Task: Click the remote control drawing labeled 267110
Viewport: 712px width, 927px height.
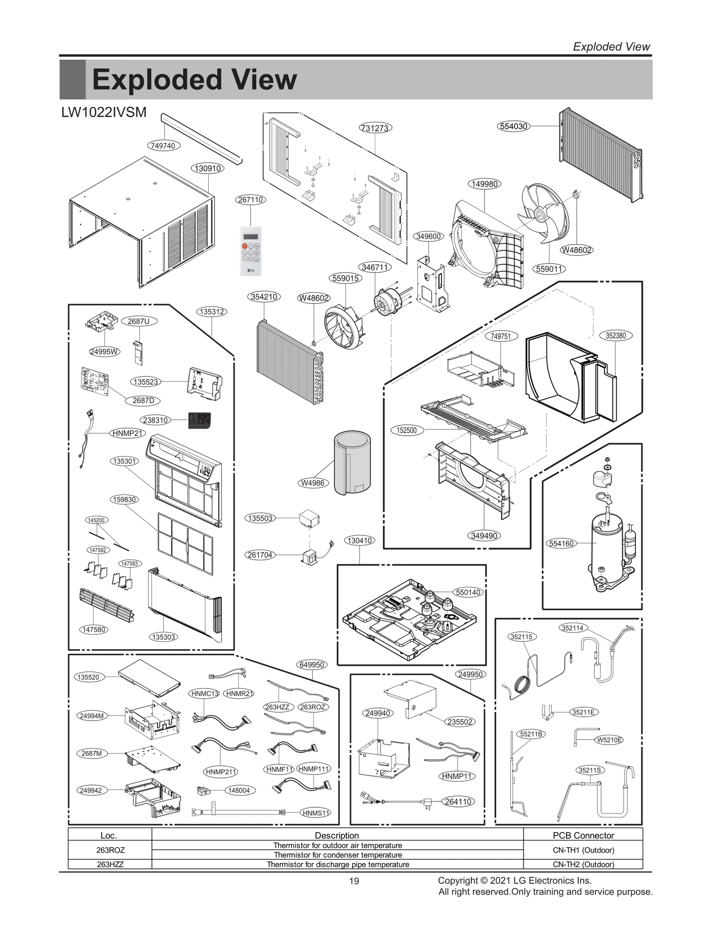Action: tap(251, 251)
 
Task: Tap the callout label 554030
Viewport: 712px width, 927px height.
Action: tap(514, 126)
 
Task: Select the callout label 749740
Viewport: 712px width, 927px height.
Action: tap(163, 146)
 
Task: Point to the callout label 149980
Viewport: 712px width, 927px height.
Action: tap(484, 184)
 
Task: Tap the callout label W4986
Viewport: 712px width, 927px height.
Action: tap(312, 483)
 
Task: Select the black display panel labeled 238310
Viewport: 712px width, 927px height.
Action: tap(199, 420)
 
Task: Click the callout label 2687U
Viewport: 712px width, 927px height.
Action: tap(138, 321)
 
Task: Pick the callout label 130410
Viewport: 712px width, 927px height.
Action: tap(359, 541)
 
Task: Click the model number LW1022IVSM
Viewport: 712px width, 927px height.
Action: tap(104, 113)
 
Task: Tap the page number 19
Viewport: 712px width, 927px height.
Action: tap(354, 881)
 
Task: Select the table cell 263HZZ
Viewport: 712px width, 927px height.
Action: tap(110, 864)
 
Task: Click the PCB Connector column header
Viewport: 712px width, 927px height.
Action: tap(583, 835)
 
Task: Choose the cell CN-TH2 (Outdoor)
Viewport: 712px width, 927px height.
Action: tap(583, 864)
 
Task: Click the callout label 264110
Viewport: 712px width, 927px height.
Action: tap(458, 802)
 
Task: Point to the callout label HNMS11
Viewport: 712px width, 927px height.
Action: tap(316, 813)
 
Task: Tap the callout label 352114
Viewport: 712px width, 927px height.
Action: tap(572, 628)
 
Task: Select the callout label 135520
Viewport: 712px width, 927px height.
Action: tap(89, 677)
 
